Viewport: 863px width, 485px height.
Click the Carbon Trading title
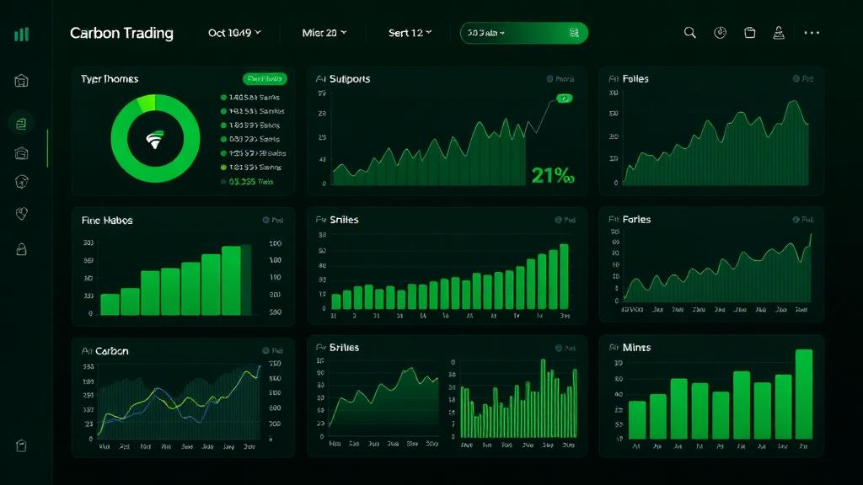[x=121, y=33]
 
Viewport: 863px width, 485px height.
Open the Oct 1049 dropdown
[x=234, y=33]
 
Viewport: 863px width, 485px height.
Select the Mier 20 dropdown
[x=324, y=33]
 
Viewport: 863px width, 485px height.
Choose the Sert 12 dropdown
[x=410, y=33]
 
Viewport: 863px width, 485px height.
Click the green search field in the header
[x=523, y=33]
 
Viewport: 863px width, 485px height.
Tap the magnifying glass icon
[x=689, y=33]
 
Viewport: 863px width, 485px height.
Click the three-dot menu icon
[x=812, y=33]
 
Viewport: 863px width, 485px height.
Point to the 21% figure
[x=553, y=175]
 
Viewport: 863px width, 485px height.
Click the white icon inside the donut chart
[x=155, y=140]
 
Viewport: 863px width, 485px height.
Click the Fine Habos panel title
[x=107, y=221]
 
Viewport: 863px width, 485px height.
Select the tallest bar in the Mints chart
[x=804, y=393]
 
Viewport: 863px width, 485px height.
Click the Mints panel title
[x=636, y=347]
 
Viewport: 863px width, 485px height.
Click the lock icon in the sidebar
[x=22, y=249]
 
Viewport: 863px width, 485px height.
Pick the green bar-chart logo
[x=22, y=34]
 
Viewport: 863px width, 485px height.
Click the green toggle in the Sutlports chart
[x=564, y=99]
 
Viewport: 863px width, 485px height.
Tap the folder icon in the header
[x=750, y=33]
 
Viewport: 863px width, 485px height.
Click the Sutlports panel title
[x=349, y=79]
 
